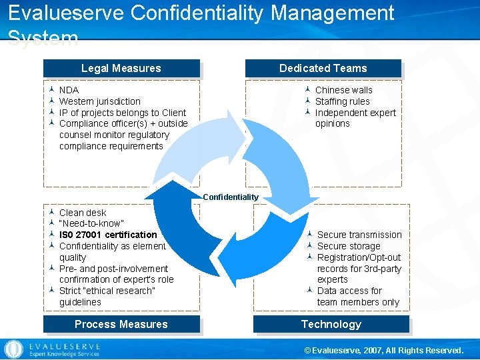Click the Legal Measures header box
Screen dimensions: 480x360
coord(121,68)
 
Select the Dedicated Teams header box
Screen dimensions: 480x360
coord(323,68)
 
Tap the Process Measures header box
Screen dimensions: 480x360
coord(121,324)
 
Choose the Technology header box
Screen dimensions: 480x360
coord(331,324)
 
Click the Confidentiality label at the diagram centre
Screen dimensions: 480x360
coord(231,197)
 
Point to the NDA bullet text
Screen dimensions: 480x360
coord(69,90)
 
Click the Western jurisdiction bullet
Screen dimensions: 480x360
coord(99,101)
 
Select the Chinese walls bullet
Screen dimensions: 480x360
coord(343,90)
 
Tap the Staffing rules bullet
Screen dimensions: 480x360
coord(342,101)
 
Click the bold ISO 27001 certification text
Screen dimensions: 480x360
coord(108,235)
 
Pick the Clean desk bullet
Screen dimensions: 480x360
coord(83,213)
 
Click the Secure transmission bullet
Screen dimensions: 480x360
coord(359,235)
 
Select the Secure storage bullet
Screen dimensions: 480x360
coord(349,246)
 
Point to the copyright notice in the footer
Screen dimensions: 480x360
coord(383,350)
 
